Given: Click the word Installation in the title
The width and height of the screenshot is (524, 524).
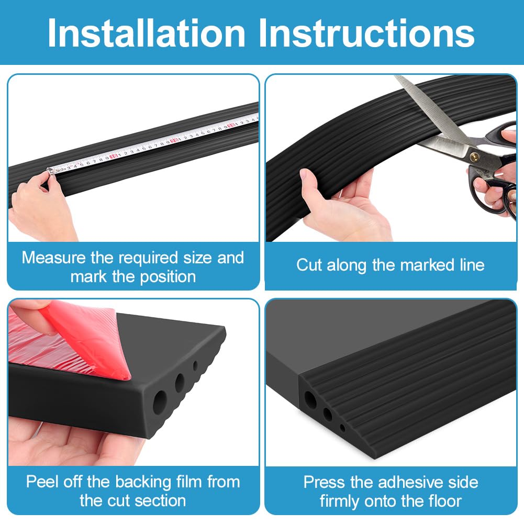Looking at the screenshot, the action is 147,33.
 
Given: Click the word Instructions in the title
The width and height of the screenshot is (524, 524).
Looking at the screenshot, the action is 366,33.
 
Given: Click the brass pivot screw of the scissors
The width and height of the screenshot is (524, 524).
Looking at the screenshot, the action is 474,155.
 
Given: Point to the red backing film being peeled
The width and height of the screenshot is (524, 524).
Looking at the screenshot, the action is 67,338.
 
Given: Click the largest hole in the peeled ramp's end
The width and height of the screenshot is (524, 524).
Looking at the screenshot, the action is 160,402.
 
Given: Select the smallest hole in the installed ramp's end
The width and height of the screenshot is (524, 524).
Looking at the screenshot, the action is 342,428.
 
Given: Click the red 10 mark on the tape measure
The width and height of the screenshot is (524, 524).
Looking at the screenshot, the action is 114,155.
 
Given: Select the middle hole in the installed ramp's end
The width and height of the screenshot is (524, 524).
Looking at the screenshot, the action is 328,415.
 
